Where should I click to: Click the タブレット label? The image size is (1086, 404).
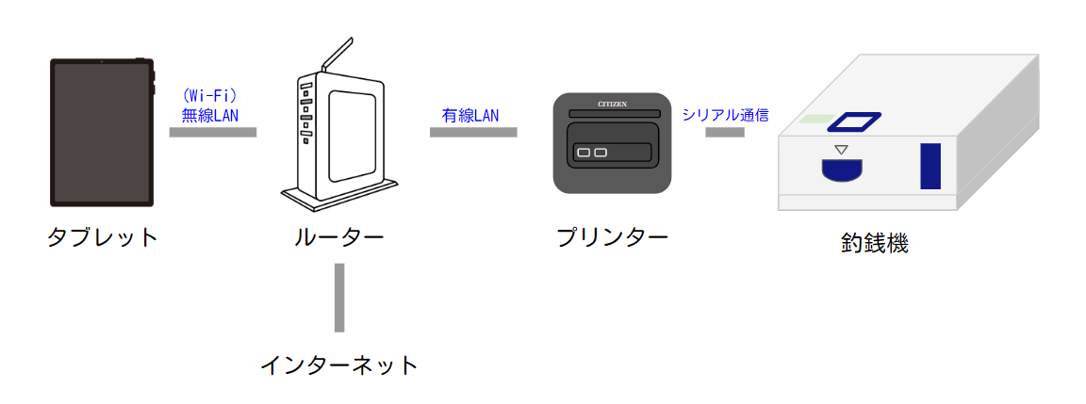coord(103,236)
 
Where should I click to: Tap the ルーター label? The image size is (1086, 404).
coord(338,236)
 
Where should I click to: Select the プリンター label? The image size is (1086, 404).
coord(612,236)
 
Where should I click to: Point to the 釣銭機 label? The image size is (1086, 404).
coord(874,243)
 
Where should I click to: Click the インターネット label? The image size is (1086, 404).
coord(338,364)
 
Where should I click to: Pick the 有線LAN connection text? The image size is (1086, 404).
coord(470,115)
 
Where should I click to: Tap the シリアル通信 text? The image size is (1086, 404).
coord(726,115)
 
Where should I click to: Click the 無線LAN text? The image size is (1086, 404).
coord(210,115)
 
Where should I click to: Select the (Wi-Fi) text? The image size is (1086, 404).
coord(209,97)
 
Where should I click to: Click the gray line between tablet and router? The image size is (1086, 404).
coord(213,132)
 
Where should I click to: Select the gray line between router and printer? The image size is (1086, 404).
coord(473,132)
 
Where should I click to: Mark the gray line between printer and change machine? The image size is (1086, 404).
coord(725,132)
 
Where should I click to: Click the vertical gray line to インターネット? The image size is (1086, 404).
coord(339,298)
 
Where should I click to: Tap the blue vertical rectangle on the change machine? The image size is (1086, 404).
coord(930,167)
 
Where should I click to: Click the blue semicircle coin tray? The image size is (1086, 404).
coord(843,170)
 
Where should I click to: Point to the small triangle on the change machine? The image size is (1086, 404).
coord(843,150)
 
